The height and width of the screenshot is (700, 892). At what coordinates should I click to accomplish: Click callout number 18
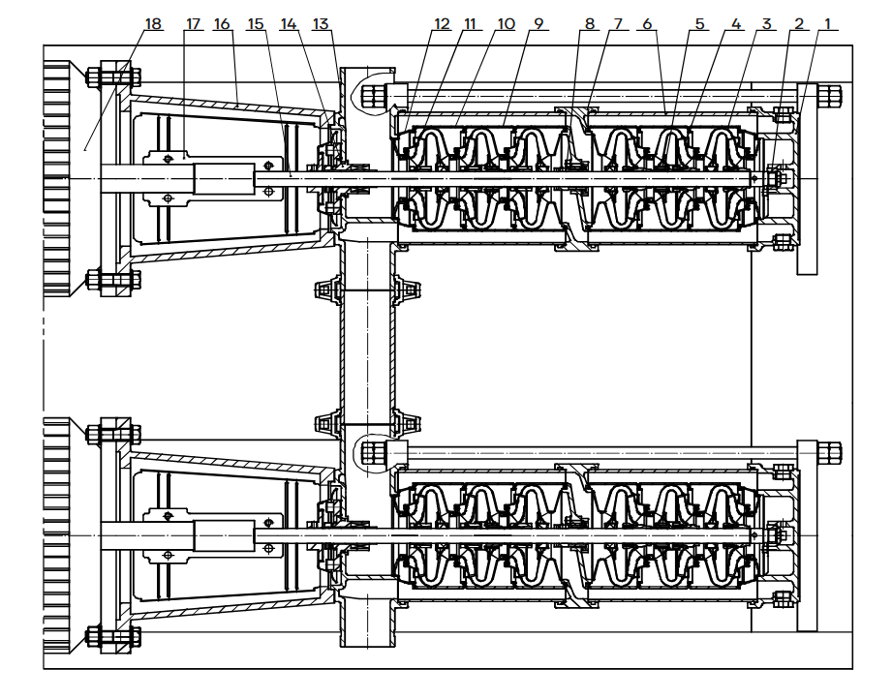coord(153,24)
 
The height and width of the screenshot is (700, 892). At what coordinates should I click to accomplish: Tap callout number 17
coord(194,24)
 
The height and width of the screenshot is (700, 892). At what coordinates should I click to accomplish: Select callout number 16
coord(224,24)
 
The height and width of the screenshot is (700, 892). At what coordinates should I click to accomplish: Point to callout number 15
coord(256,24)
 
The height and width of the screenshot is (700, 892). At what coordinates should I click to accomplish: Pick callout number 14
coord(289,24)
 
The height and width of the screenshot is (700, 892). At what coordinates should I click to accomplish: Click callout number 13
coord(321,24)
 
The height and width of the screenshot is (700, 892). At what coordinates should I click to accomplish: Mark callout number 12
coord(443,24)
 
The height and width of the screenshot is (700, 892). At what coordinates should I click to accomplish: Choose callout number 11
coord(472,24)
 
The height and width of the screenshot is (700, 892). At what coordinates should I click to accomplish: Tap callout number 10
coord(506,24)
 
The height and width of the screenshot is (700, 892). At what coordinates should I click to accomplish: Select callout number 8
coord(589,24)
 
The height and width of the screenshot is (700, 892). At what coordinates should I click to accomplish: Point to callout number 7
coord(617,24)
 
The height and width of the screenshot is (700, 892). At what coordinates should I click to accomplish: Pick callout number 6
coord(648,24)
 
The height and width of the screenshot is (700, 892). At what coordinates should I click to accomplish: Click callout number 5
coord(700,24)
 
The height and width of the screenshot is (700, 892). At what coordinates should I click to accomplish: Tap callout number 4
coord(736,24)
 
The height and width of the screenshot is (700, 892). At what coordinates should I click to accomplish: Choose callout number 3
coord(768,24)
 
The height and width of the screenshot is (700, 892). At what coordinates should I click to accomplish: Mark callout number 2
coord(799,24)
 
